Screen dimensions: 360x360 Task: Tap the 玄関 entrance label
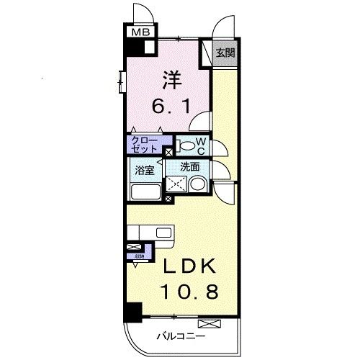coord(225,53)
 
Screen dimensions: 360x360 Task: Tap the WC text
coord(202,146)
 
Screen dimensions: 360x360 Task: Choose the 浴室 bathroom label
coord(145,170)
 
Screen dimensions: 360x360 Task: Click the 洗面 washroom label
coord(189,166)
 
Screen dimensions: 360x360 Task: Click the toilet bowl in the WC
coord(186,146)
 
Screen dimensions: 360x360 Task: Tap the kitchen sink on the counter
coord(163,233)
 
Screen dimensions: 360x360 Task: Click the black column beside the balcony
coord(130,311)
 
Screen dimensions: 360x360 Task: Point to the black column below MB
coord(132,50)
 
